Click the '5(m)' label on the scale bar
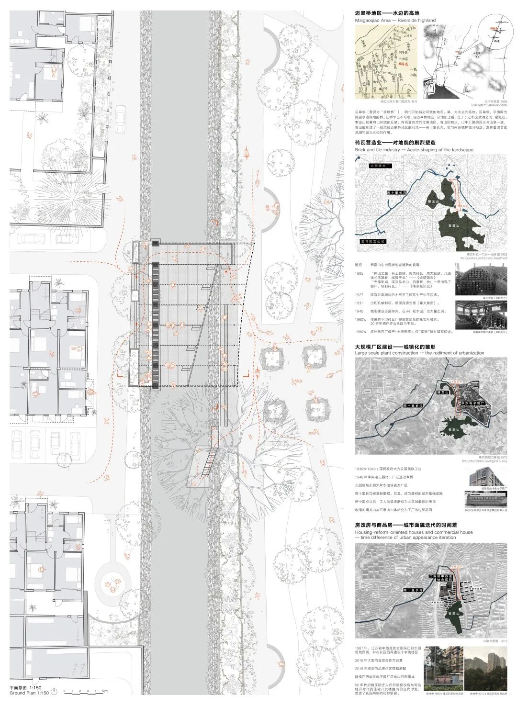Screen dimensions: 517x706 click(x=105, y=691)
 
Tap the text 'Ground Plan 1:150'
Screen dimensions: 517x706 click(x=30, y=693)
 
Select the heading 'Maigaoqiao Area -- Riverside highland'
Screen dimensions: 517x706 click(x=395, y=21)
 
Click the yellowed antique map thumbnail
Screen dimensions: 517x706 click(x=386, y=63)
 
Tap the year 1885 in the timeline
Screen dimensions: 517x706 click(x=359, y=273)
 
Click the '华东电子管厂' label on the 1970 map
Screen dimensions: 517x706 click(x=473, y=404)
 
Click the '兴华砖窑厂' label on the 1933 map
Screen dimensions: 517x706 click(x=381, y=165)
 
